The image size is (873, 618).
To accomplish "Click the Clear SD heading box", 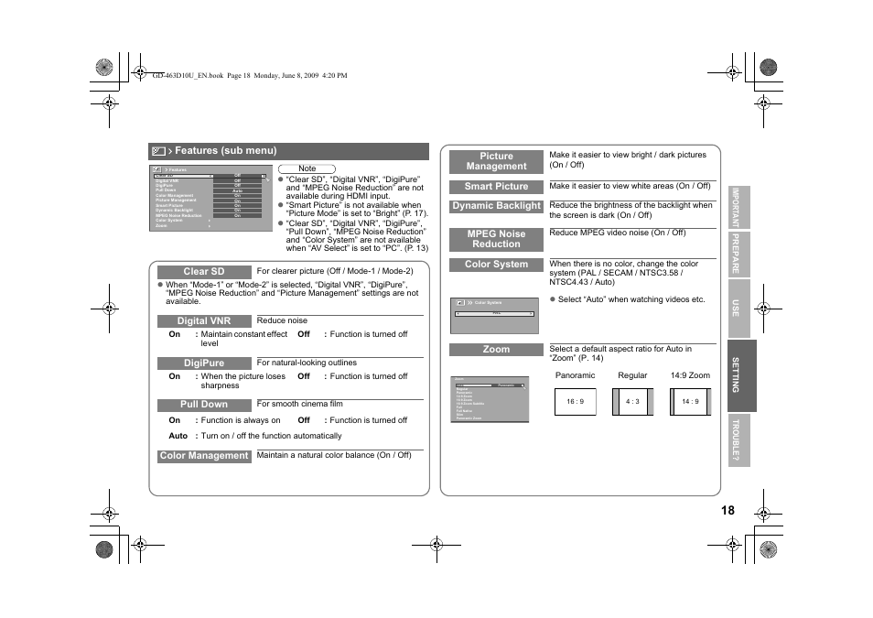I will coord(203,272).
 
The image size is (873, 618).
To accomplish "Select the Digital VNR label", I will coord(203,321).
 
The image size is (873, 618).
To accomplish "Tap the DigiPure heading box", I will coord(203,363).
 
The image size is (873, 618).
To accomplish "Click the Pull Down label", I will coord(203,405).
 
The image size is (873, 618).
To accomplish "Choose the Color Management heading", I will coord(203,456).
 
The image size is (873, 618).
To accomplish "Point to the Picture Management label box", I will coord(496,162).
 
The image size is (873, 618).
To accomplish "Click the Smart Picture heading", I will coord(496,187).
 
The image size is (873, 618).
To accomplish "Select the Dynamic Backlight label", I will coord(496,207).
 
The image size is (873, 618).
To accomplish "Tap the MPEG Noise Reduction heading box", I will coord(496,240).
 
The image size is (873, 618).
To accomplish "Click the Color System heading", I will coord(496,265).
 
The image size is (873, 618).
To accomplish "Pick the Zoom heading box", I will coord(496,350).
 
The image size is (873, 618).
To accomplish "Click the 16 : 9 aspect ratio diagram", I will coord(575,402).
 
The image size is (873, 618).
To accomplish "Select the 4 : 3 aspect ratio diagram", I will coord(632,402).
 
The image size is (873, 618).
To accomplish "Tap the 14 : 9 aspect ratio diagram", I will coord(690,402).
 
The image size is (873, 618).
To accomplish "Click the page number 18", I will coord(727,511).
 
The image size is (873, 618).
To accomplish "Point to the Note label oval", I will coord(307,168).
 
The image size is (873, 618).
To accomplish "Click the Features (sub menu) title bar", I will coord(288,151).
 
